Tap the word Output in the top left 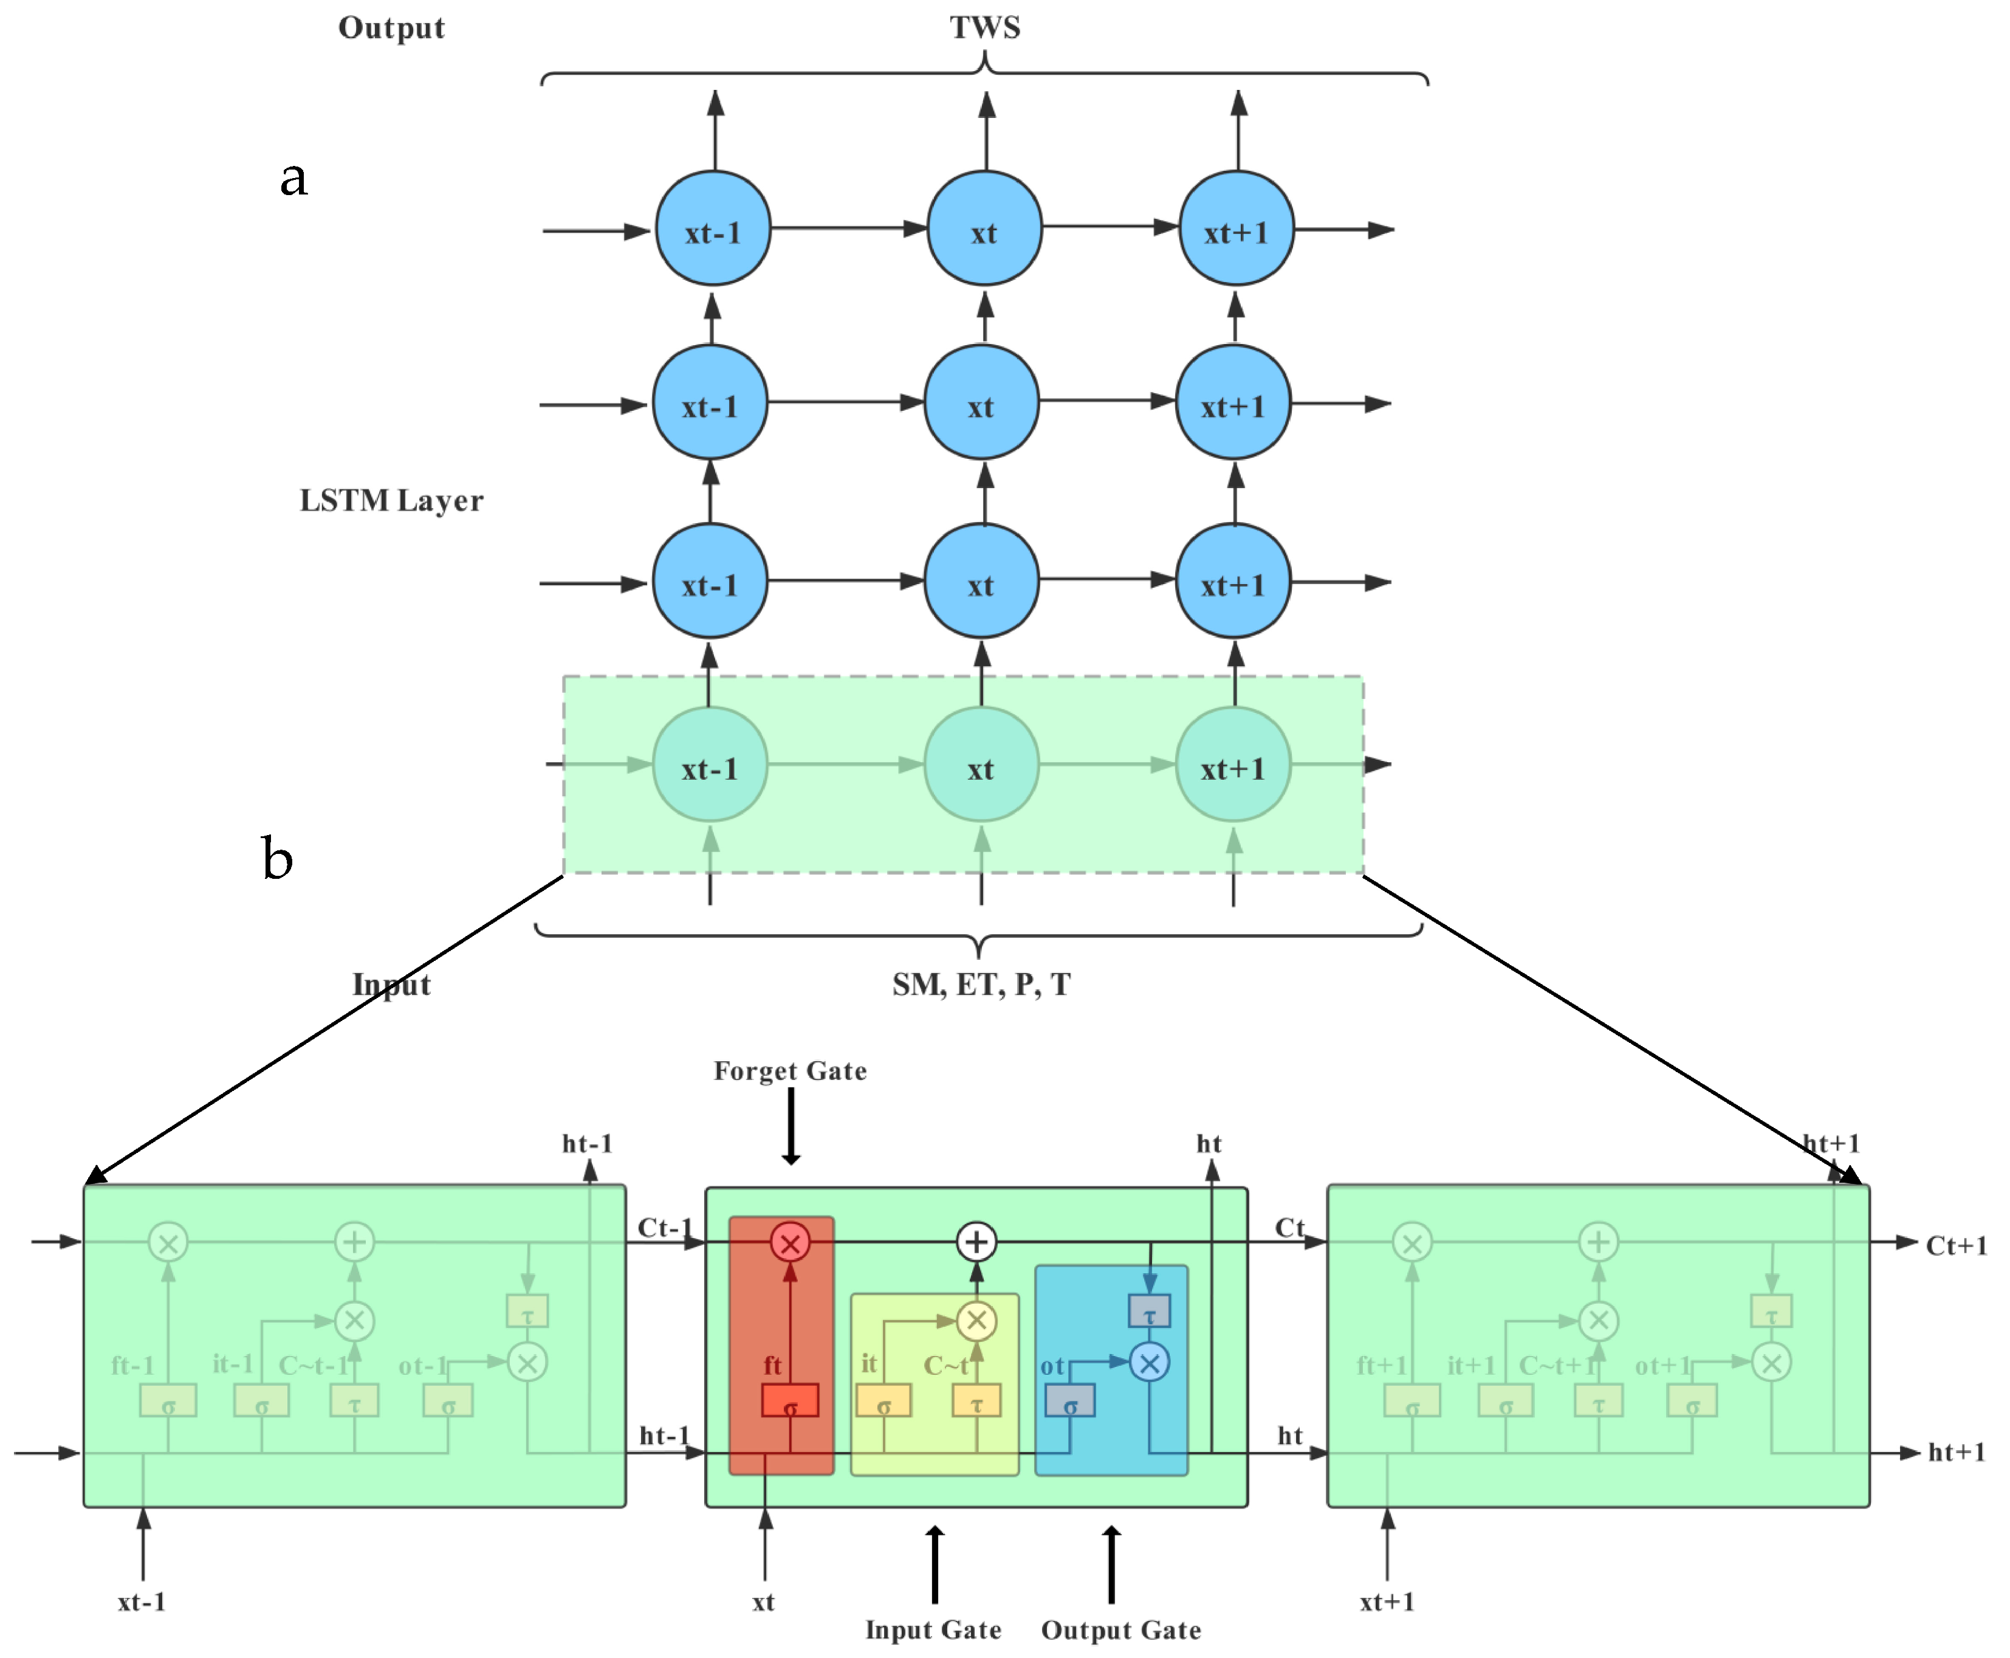click(x=391, y=28)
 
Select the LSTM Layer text click(x=391, y=500)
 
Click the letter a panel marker click(x=293, y=177)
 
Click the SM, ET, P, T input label click(x=981, y=984)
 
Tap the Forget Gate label click(x=790, y=1071)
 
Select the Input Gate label click(x=933, y=1629)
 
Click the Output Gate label click(x=1121, y=1629)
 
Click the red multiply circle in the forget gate click(x=790, y=1242)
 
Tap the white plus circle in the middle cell click(x=976, y=1242)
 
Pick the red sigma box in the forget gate click(x=790, y=1401)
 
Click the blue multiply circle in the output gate click(x=1150, y=1363)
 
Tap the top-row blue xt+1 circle click(x=1237, y=229)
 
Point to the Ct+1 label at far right click(x=1955, y=1245)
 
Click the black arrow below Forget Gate click(x=791, y=1127)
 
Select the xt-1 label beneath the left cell click(x=142, y=1601)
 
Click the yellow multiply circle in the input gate click(x=976, y=1321)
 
